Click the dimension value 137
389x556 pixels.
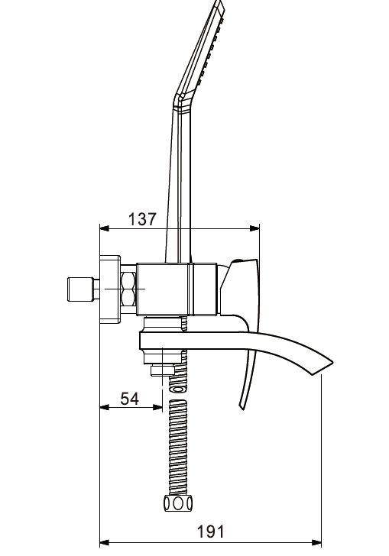point(141,218)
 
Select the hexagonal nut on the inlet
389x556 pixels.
point(128,290)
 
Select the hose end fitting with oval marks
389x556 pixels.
point(177,503)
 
